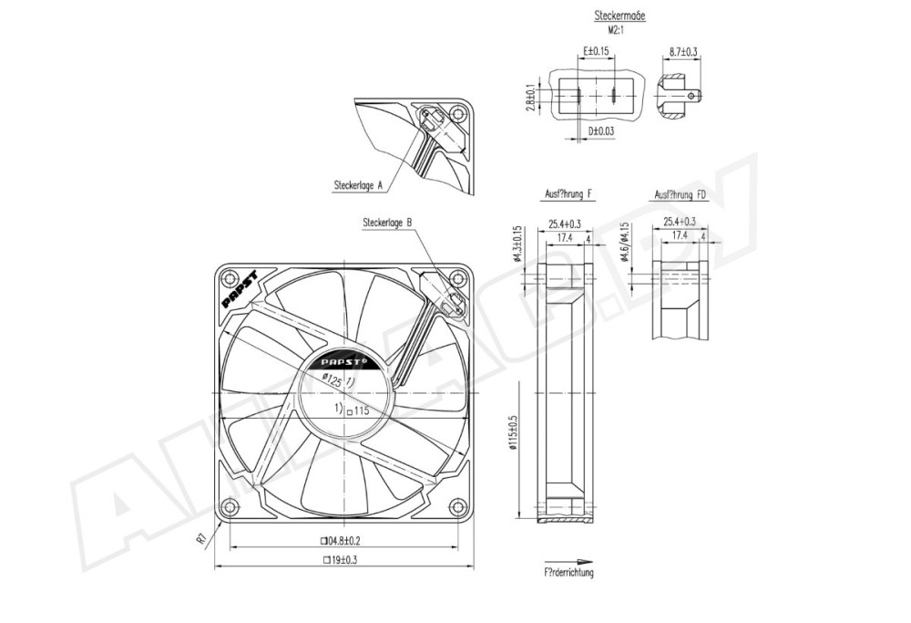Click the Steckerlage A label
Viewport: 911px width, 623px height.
(x=358, y=184)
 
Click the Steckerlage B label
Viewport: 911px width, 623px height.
(x=387, y=222)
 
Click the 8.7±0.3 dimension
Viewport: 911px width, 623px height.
(x=682, y=53)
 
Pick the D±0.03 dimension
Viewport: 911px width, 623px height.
(x=601, y=131)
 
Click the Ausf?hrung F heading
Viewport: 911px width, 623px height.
(x=569, y=194)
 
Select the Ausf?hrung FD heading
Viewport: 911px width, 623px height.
(x=681, y=194)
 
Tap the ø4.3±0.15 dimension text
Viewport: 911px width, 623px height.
(x=518, y=242)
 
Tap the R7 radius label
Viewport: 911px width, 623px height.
(x=201, y=539)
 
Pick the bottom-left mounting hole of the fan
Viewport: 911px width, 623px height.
(x=229, y=504)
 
